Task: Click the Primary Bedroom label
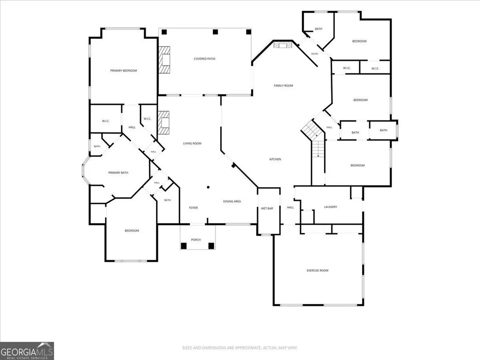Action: pyautogui.click(x=124, y=71)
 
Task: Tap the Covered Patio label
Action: pyautogui.click(x=205, y=59)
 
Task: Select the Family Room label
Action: pyautogui.click(x=283, y=86)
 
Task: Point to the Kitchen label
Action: pyautogui.click(x=275, y=159)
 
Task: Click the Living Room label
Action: pyautogui.click(x=192, y=144)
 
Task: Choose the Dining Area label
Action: pyautogui.click(x=232, y=201)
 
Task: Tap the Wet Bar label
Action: pyautogui.click(x=267, y=208)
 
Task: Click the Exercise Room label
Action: pyautogui.click(x=318, y=271)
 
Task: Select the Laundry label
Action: pyautogui.click(x=331, y=207)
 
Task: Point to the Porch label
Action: pyautogui.click(x=196, y=240)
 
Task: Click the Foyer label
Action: pyautogui.click(x=193, y=208)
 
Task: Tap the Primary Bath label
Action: pyautogui.click(x=118, y=173)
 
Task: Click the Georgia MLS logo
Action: pyautogui.click(x=27, y=351)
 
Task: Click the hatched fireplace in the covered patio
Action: pyautogui.click(x=164, y=60)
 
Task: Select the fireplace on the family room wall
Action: pyautogui.click(x=283, y=45)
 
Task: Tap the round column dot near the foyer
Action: pyautogui.click(x=208, y=187)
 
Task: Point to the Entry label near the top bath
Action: pyautogui.click(x=315, y=54)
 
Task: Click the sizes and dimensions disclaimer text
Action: pyautogui.click(x=240, y=348)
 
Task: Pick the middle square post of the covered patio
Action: pyautogui.click(x=215, y=31)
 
